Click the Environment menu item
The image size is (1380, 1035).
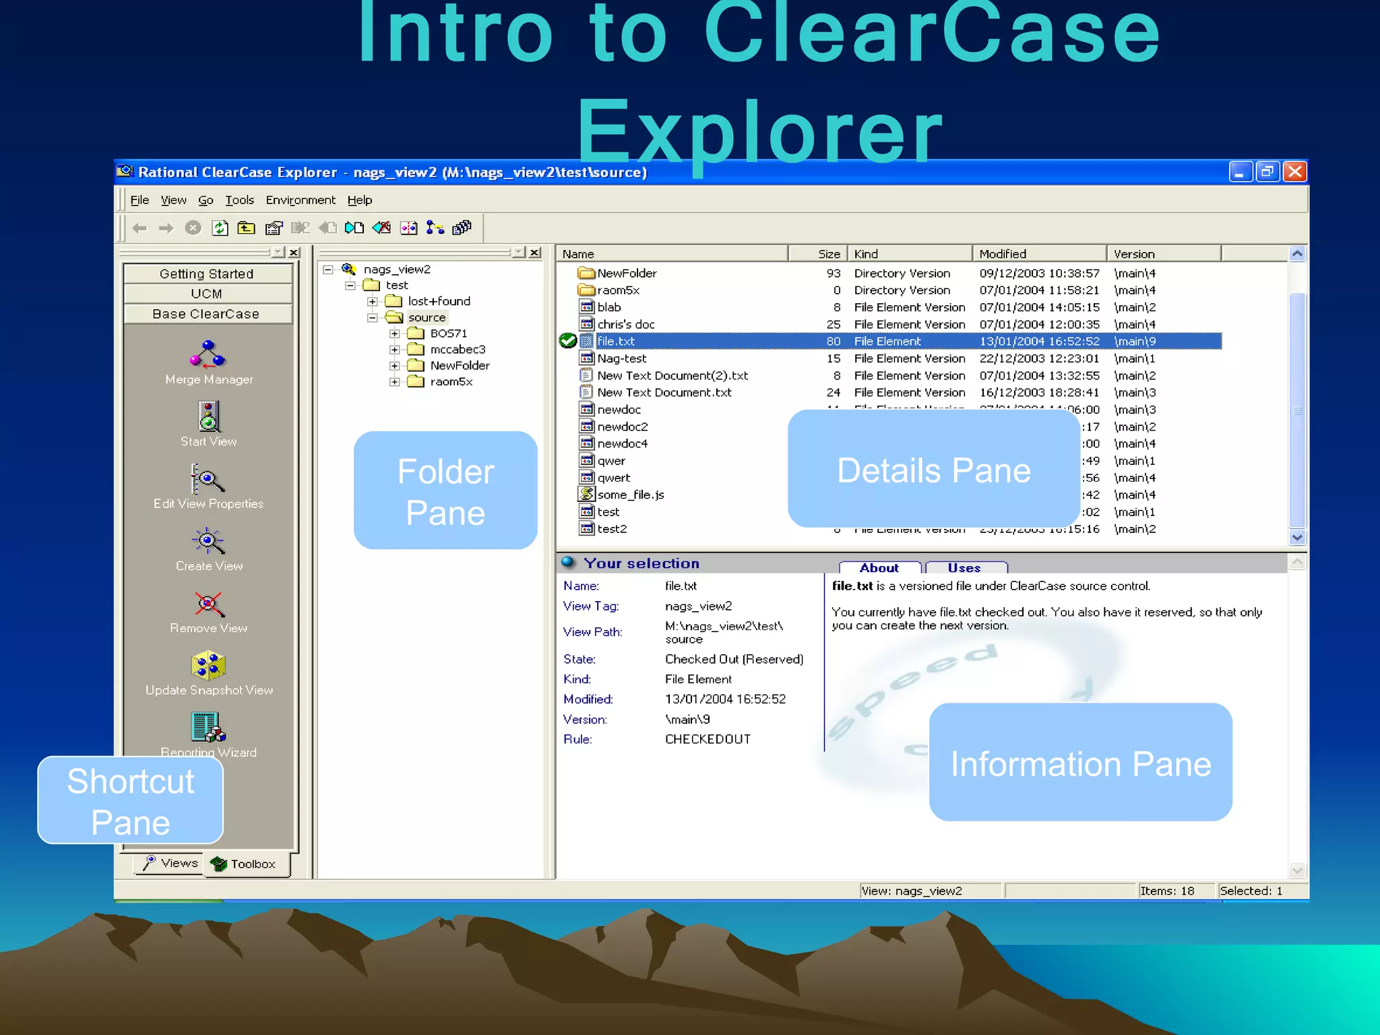300,200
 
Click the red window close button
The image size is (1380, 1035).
1294,172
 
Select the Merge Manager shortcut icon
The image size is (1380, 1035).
208,354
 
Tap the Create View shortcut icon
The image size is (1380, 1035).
208,541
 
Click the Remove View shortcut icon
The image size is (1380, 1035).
208,604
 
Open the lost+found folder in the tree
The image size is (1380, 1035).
439,301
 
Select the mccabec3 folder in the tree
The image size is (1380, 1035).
457,349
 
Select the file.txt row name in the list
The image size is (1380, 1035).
615,342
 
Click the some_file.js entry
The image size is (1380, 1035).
630,495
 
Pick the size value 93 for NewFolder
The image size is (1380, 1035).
834,273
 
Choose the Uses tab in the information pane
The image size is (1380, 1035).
965,568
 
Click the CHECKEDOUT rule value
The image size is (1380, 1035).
707,739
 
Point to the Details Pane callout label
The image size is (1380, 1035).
933,470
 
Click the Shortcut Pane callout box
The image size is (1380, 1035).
131,801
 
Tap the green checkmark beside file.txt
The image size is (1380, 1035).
567,341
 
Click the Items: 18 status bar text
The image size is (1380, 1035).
1167,891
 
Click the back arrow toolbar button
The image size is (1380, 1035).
139,228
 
